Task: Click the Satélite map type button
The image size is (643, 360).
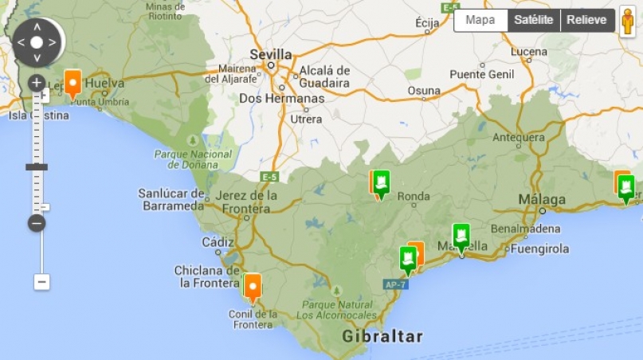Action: tap(534, 21)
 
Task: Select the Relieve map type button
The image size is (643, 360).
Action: tap(586, 21)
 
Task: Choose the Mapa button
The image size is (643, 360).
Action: tap(480, 21)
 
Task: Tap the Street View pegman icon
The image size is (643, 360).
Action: tap(628, 22)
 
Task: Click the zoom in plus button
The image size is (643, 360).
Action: tap(37, 83)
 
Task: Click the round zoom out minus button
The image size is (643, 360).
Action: tap(37, 223)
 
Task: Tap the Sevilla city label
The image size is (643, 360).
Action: tap(270, 54)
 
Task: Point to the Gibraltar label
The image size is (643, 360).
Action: tap(382, 336)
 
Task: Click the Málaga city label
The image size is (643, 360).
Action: tap(542, 199)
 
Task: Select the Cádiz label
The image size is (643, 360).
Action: tap(218, 242)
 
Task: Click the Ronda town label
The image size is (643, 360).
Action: tap(413, 197)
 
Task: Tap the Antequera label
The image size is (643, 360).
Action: tap(518, 136)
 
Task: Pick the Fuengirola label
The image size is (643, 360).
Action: tap(542, 248)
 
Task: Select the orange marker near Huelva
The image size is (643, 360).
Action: tap(73, 82)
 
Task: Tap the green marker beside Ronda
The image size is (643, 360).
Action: tap(382, 182)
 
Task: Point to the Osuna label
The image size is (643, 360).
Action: tap(424, 91)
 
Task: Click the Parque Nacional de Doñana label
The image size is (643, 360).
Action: tap(193, 159)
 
